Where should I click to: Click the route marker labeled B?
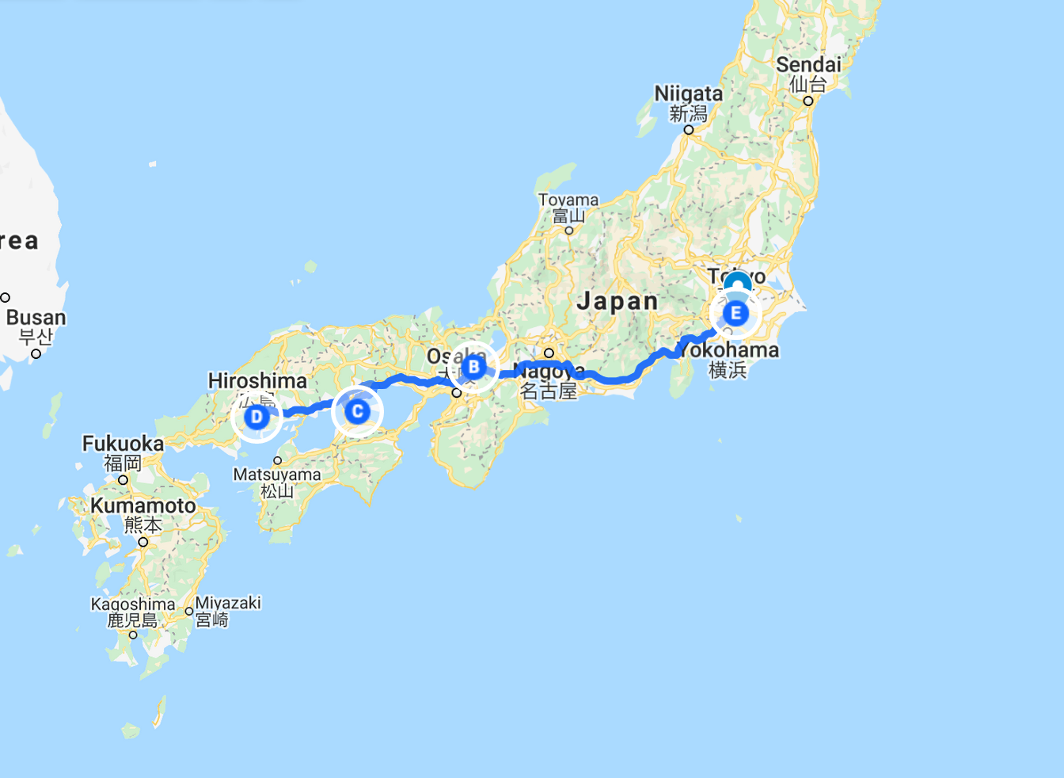(473, 367)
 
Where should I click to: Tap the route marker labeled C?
(357, 411)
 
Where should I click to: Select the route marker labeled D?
(256, 417)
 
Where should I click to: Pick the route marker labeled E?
(735, 313)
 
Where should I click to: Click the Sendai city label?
(808, 65)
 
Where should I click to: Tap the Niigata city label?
(688, 93)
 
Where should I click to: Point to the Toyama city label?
(568, 200)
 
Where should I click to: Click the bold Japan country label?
(617, 301)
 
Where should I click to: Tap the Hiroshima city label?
(257, 381)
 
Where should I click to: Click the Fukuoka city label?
(123, 444)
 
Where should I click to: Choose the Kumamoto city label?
(142, 505)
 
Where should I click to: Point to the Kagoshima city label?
(133, 604)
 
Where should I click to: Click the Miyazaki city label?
(228, 603)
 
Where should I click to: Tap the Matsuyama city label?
(277, 475)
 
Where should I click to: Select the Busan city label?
(36, 318)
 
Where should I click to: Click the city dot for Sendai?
(808, 101)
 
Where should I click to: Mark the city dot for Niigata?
(689, 129)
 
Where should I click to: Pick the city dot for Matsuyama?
(278, 460)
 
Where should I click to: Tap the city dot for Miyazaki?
(189, 612)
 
